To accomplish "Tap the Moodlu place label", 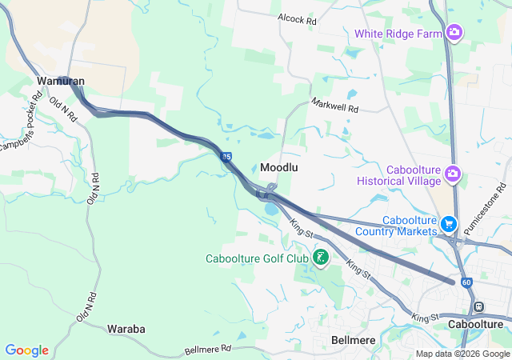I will pyautogui.click(x=280, y=167).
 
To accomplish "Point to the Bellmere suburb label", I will pyautogui.click(x=354, y=340).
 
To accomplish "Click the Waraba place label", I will pyautogui.click(x=126, y=329).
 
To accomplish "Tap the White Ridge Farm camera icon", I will pyautogui.click(x=454, y=33).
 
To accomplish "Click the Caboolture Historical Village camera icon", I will pyautogui.click(x=453, y=173).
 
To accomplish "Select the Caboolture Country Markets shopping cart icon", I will pyautogui.click(x=449, y=225).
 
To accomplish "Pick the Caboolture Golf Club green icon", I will pyautogui.click(x=320, y=258).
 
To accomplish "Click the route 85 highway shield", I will pyautogui.click(x=227, y=158).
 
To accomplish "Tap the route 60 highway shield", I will pyautogui.click(x=466, y=282).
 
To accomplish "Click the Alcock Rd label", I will pyautogui.click(x=297, y=18).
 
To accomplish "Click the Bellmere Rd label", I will pyautogui.click(x=207, y=349).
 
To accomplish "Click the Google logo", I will pyautogui.click(x=27, y=350).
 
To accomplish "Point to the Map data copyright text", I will pyautogui.click(x=462, y=354).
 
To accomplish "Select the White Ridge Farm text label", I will pyautogui.click(x=399, y=34).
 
